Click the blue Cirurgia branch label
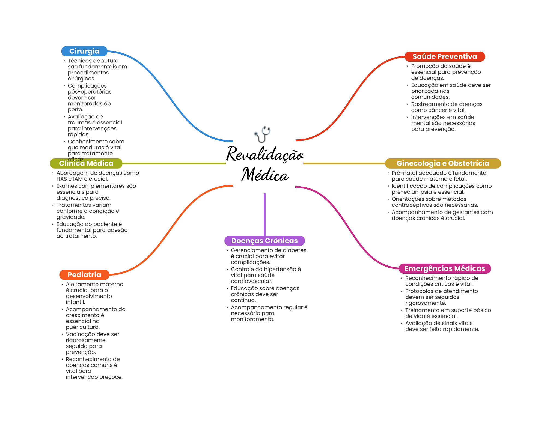84,51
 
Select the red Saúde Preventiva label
444,56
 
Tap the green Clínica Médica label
86,163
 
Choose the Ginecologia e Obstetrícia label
442,163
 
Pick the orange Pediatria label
84,275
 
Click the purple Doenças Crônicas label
264,241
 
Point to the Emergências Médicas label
444,268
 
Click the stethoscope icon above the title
263,134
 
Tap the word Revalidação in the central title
265,154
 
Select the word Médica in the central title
265,175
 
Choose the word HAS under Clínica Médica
62,179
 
